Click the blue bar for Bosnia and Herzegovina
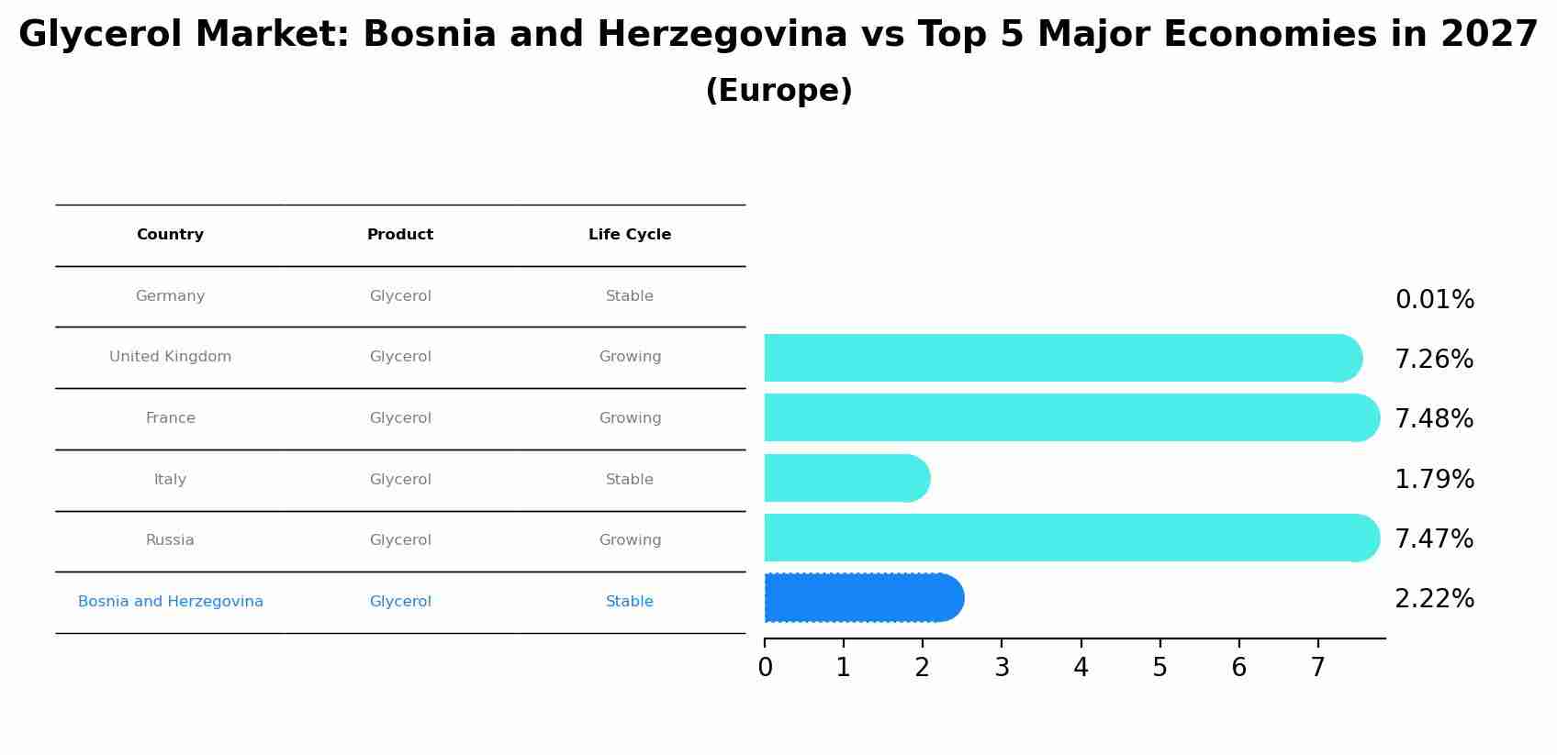(863, 598)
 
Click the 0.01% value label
(1434, 300)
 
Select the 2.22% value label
(1434, 599)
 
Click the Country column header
(170, 235)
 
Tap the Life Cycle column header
(630, 235)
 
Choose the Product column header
(400, 235)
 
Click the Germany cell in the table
(170, 296)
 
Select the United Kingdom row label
(170, 357)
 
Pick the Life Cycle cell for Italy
(630, 480)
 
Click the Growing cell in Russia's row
(630, 540)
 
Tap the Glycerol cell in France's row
(400, 418)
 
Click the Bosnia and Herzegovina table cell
(170, 602)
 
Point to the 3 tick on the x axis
(1002, 668)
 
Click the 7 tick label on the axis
(1317, 668)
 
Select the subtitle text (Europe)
(778, 92)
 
